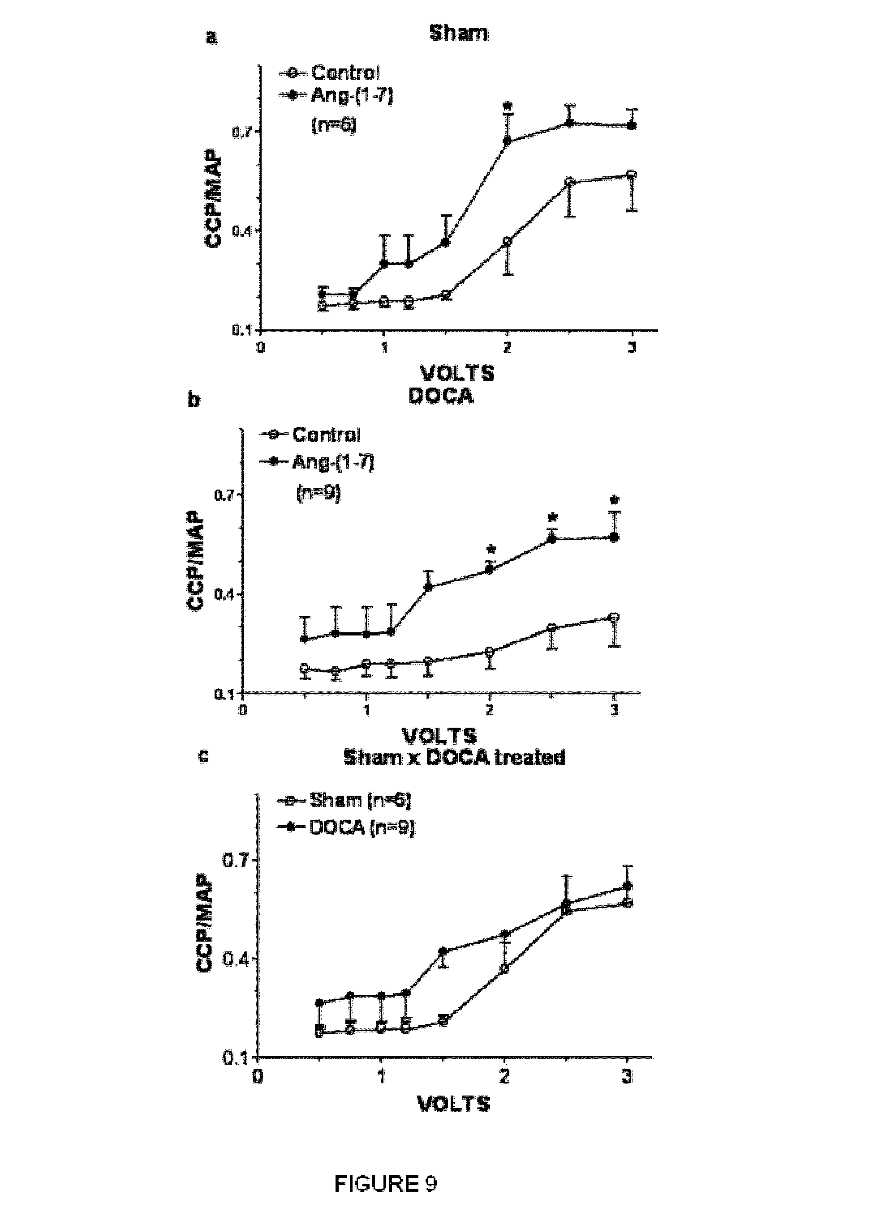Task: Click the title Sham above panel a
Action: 459,33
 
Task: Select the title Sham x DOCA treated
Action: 454,758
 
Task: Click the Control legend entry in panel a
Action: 345,72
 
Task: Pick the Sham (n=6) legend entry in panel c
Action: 360,800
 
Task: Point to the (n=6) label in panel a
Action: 333,127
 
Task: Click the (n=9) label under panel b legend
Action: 318,493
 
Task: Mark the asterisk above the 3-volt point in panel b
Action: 615,500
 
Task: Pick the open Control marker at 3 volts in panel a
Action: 632,175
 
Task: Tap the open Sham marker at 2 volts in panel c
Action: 504,968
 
